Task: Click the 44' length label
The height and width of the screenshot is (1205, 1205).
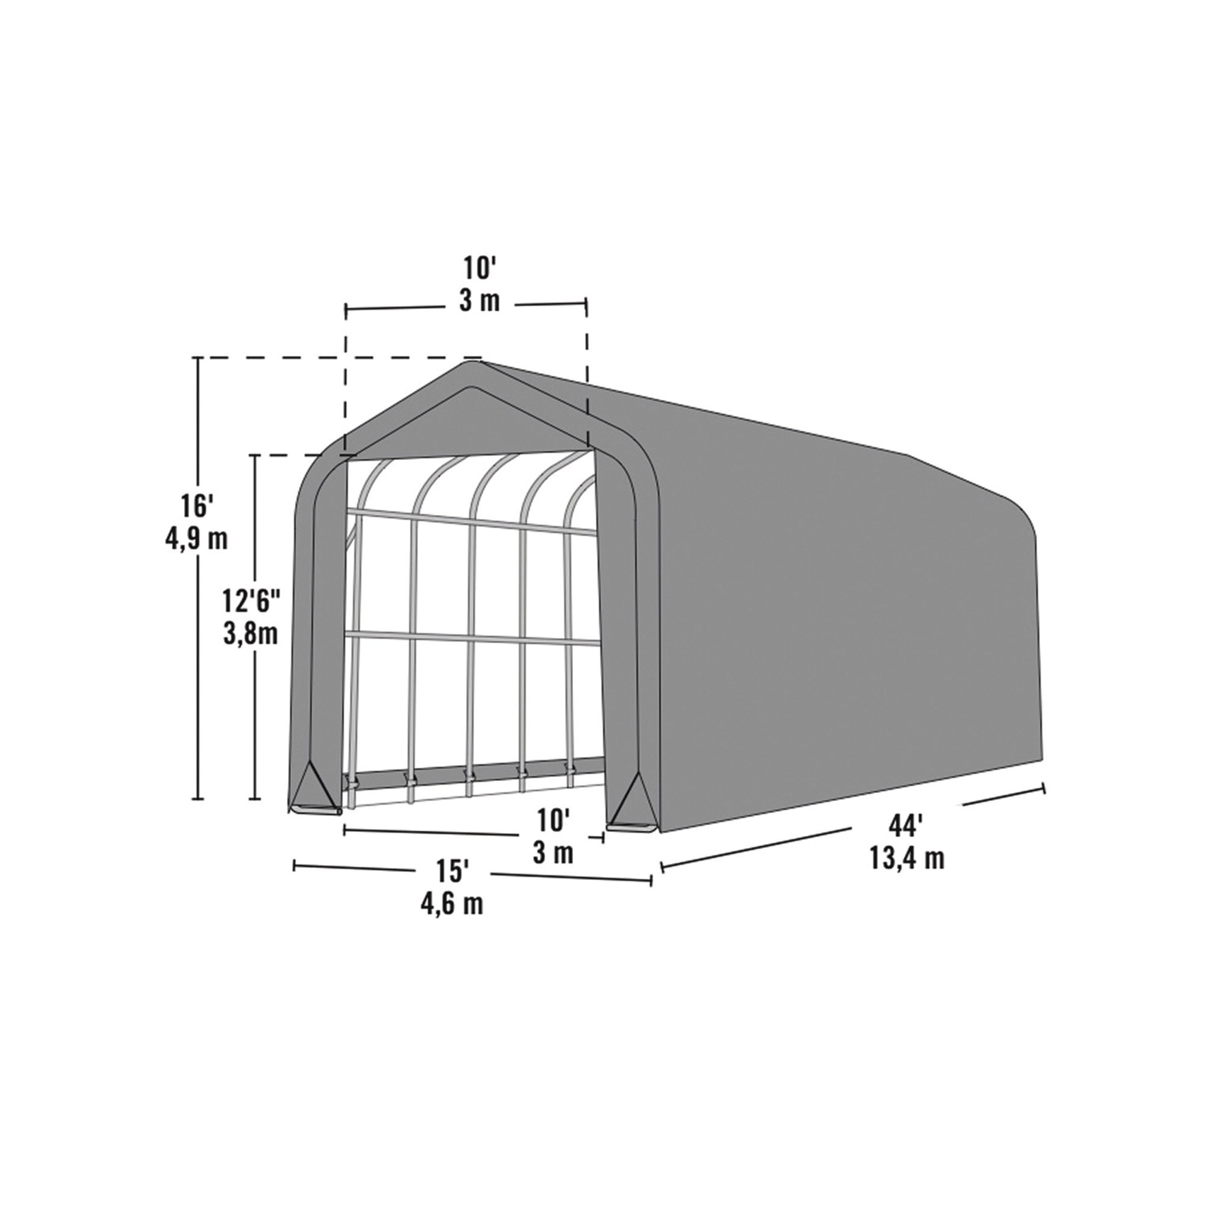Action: click(x=906, y=827)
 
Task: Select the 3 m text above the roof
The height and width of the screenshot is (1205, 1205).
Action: click(x=480, y=302)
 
